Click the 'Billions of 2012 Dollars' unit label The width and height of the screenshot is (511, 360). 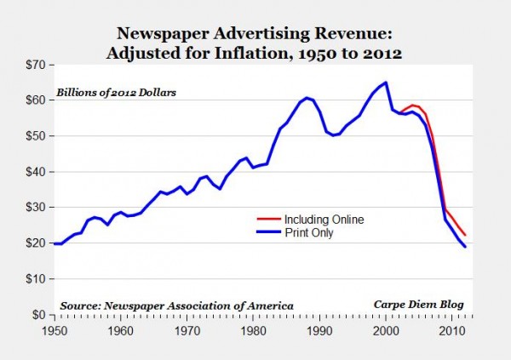point(116,92)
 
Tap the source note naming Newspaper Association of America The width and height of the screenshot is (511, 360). point(177,304)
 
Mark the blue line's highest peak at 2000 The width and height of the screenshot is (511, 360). point(386,83)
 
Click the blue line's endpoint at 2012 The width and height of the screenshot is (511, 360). point(466,247)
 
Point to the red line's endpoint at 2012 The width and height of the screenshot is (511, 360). point(466,235)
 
